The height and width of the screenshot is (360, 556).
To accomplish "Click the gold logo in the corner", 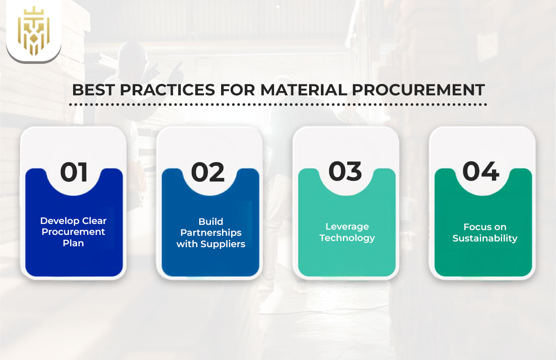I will (x=34, y=31).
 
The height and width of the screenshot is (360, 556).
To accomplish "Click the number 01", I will (x=74, y=172).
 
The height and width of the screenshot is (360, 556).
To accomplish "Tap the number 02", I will (x=208, y=172).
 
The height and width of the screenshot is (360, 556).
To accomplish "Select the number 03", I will (x=345, y=172).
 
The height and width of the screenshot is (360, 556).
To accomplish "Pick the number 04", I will (x=481, y=172).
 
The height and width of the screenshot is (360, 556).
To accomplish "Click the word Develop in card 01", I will (x=60, y=221).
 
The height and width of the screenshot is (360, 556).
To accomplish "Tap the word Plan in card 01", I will (x=73, y=243).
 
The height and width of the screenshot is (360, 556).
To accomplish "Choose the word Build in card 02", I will (x=211, y=221).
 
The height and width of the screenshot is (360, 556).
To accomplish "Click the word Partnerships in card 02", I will (x=211, y=233).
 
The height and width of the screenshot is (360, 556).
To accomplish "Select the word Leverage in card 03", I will (x=347, y=227).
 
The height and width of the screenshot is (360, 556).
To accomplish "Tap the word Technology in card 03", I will (x=347, y=238).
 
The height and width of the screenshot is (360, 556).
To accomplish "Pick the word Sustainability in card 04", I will (x=485, y=238).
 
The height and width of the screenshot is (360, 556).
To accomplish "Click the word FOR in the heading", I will (x=236, y=90).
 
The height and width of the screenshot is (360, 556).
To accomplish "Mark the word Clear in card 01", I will (x=95, y=221).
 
